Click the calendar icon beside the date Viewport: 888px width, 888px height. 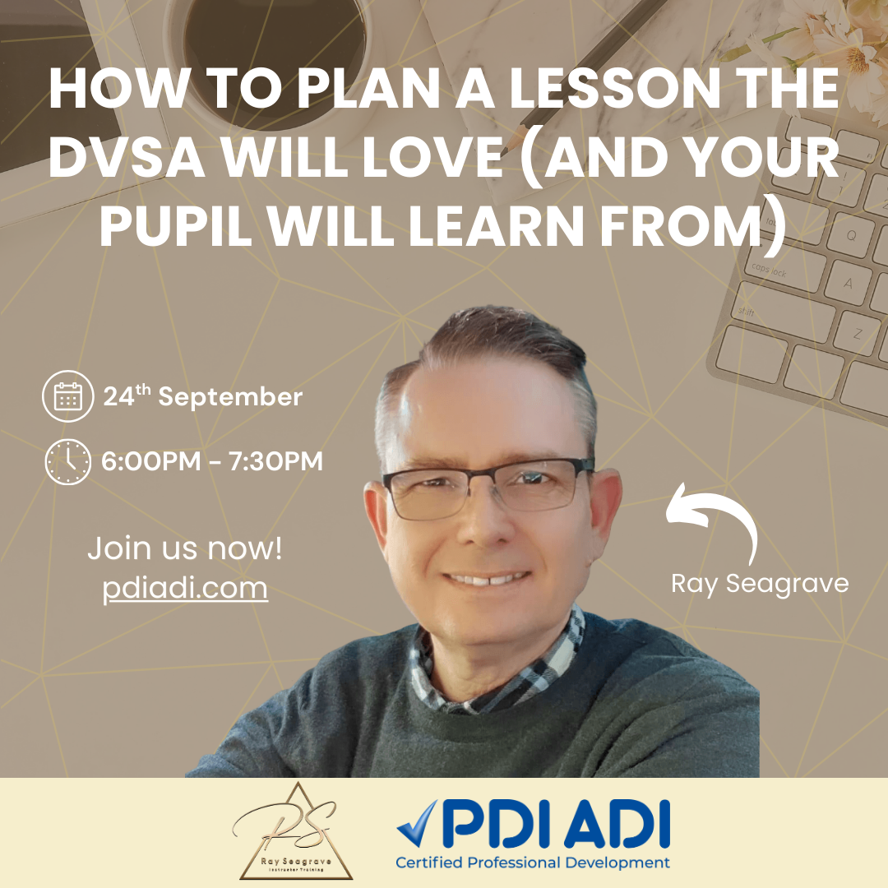coord(68,395)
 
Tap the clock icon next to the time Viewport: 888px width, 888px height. coord(68,461)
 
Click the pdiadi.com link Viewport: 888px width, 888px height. coord(185,589)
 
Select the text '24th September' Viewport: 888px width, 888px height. coord(203,395)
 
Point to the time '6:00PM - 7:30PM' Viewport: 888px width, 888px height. coord(212,461)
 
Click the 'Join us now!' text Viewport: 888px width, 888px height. coord(185,548)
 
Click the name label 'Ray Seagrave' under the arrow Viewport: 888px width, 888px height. coord(760,584)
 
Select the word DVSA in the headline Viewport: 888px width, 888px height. coord(127,157)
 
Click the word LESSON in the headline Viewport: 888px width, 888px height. coord(614,88)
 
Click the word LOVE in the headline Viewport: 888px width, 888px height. coord(432,157)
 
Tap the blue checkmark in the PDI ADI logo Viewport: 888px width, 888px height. coord(418,823)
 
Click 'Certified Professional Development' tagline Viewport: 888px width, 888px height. coord(532,863)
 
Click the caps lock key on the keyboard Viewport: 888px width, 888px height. coord(782,269)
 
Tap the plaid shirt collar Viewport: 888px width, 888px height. coord(498,668)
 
